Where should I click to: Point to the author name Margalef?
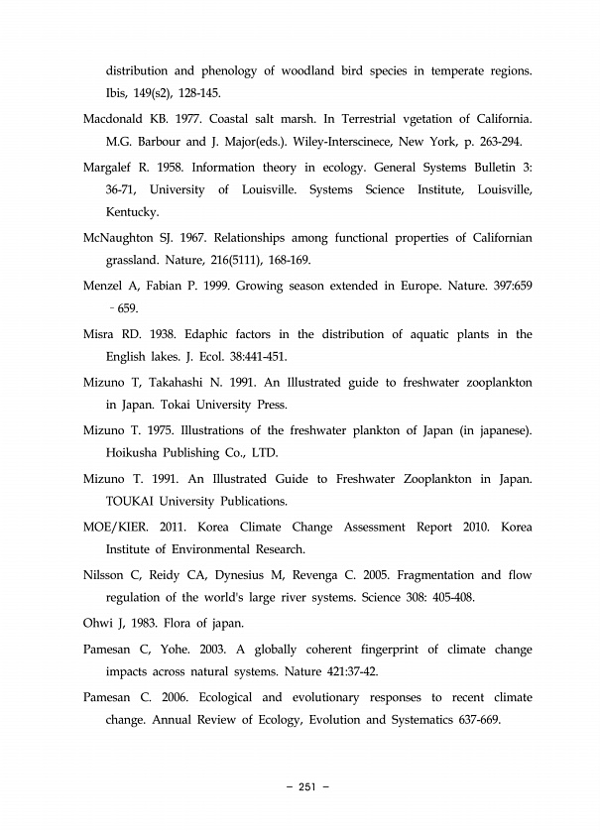point(108,167)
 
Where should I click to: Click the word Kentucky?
point(133,212)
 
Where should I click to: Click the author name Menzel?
point(104,286)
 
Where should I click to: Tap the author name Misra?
point(100,333)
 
